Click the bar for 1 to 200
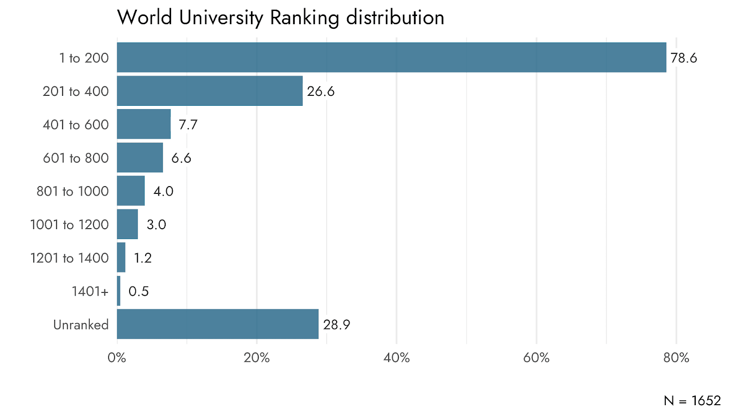[391, 57]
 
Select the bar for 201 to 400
[209, 91]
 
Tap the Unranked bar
[218, 324]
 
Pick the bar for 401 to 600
[144, 124]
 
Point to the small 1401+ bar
[119, 291]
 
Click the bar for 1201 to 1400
[121, 257]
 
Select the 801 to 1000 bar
[130, 191]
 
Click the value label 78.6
[684, 58]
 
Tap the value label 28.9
[337, 325]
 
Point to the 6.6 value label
[181, 158]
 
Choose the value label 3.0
[156, 224]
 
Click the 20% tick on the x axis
[257, 358]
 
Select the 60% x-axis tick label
[537, 358]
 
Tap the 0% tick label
[117, 358]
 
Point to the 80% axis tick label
[676, 358]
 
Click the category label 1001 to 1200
[69, 224]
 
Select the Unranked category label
[81, 325]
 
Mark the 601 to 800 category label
[76, 158]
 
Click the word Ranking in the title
[305, 18]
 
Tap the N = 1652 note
[692, 401]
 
